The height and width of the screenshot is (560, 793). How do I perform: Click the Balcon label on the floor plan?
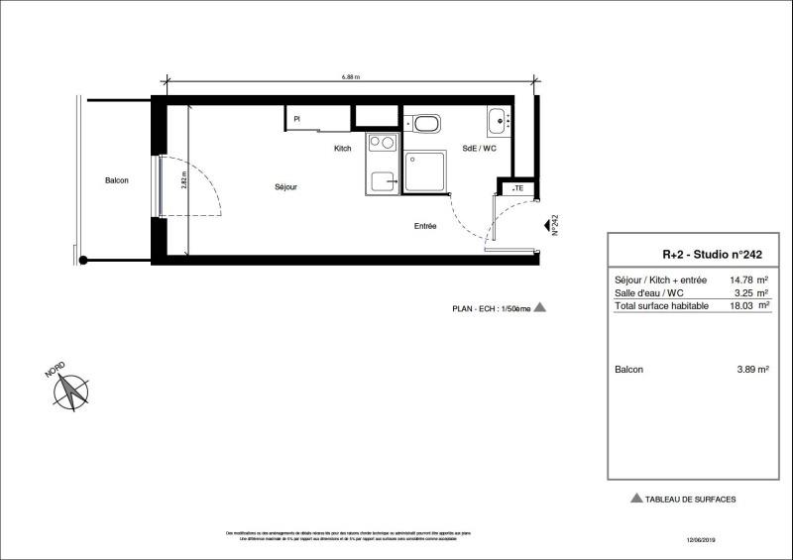[117, 180]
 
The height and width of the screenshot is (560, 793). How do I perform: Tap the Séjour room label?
[286, 186]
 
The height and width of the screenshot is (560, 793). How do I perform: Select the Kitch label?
[342, 149]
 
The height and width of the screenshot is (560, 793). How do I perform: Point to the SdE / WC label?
[479, 149]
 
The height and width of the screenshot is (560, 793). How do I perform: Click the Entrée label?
[425, 226]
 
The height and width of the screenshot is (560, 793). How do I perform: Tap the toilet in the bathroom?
[427, 125]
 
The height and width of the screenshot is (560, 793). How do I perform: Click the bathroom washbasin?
[498, 121]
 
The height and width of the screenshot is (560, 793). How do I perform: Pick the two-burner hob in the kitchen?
[381, 143]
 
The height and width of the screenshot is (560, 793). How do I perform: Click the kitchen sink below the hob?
[381, 180]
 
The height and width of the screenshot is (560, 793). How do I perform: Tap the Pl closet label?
[296, 120]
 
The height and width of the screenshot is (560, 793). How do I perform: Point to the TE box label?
[516, 188]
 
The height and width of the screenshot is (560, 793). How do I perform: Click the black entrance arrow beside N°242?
[546, 226]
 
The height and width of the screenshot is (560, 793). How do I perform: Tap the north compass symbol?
[70, 391]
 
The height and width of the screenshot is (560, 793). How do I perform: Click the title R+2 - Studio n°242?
[698, 254]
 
